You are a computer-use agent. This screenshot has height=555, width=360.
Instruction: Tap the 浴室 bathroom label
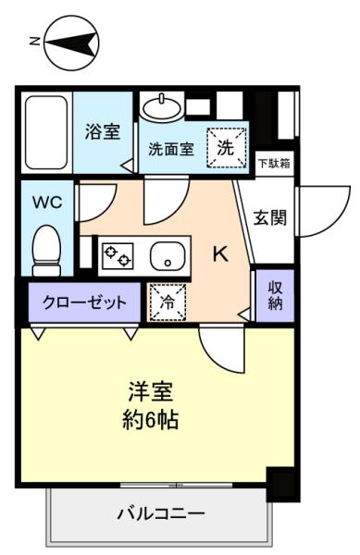pos(102,131)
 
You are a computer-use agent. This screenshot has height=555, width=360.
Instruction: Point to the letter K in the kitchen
pos(222,253)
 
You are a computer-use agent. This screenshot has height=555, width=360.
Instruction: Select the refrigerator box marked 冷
pos(168,302)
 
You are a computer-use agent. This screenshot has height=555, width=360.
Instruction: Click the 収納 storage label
pos(275,296)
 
